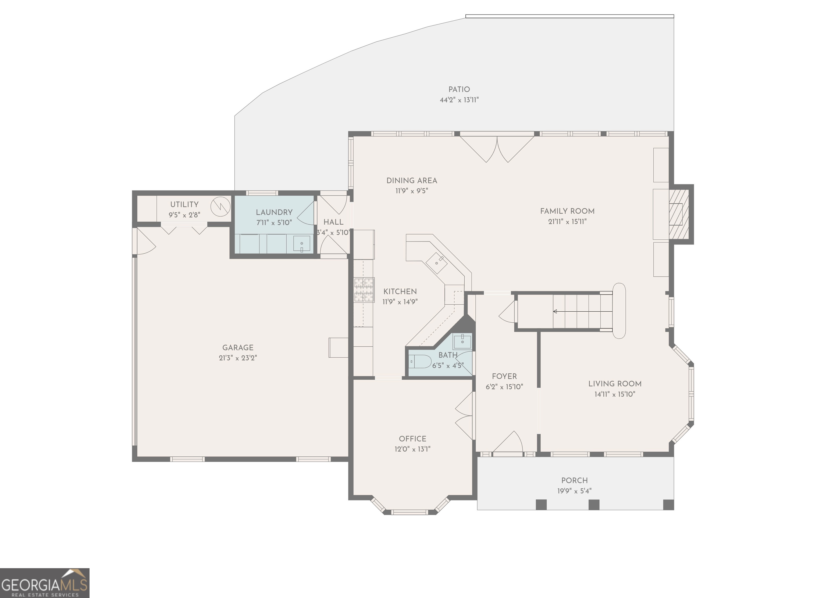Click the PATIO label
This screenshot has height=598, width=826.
[x=459, y=89]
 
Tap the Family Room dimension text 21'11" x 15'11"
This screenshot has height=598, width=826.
[x=567, y=221]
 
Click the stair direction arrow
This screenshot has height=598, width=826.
[x=555, y=311]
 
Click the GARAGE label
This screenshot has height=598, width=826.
[x=238, y=348]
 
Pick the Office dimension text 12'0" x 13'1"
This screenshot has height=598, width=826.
[x=412, y=449]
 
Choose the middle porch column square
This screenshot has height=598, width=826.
[x=594, y=505]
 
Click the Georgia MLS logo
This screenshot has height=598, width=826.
[x=44, y=583]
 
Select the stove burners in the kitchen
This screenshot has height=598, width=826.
[x=364, y=290]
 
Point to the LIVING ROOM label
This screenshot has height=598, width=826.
[x=615, y=384]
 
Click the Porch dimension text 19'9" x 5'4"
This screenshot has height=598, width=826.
[x=574, y=491]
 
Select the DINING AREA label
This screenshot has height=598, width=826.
[x=412, y=181]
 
